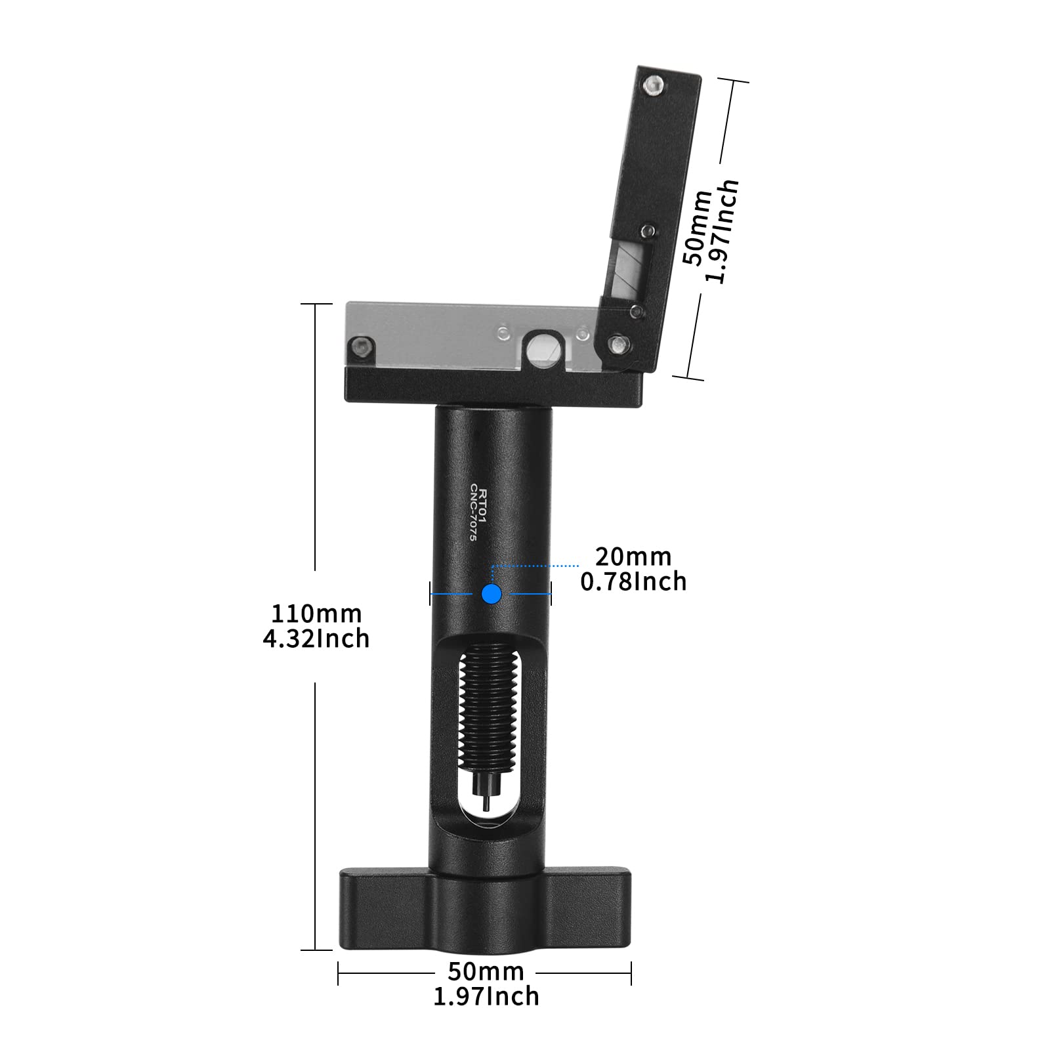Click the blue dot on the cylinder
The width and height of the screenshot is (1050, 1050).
click(492, 593)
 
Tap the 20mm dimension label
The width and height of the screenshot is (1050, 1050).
click(633, 556)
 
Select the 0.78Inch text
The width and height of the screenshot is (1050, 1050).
click(633, 581)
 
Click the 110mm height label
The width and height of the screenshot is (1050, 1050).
click(317, 614)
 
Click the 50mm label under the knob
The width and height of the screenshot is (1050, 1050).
click(486, 971)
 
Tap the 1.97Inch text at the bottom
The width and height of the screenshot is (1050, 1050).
click(486, 996)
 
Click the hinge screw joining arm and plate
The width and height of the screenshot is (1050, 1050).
click(617, 343)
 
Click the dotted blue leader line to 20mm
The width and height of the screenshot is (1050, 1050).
click(535, 565)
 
